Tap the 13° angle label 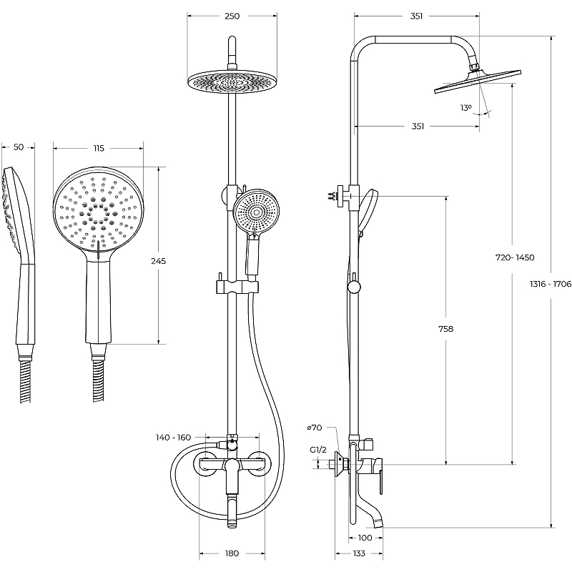pos(466,108)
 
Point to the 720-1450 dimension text pos(516,257)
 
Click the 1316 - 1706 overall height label pos(551,284)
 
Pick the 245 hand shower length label pos(159,262)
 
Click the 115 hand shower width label pos(99,148)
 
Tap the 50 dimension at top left pos(19,147)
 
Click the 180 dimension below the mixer pos(232,553)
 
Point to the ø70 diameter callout pos(315,428)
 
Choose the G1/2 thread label pos(318,450)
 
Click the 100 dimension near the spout pos(365,538)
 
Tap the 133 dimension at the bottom pos(359,553)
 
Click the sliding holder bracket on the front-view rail pos(232,287)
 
